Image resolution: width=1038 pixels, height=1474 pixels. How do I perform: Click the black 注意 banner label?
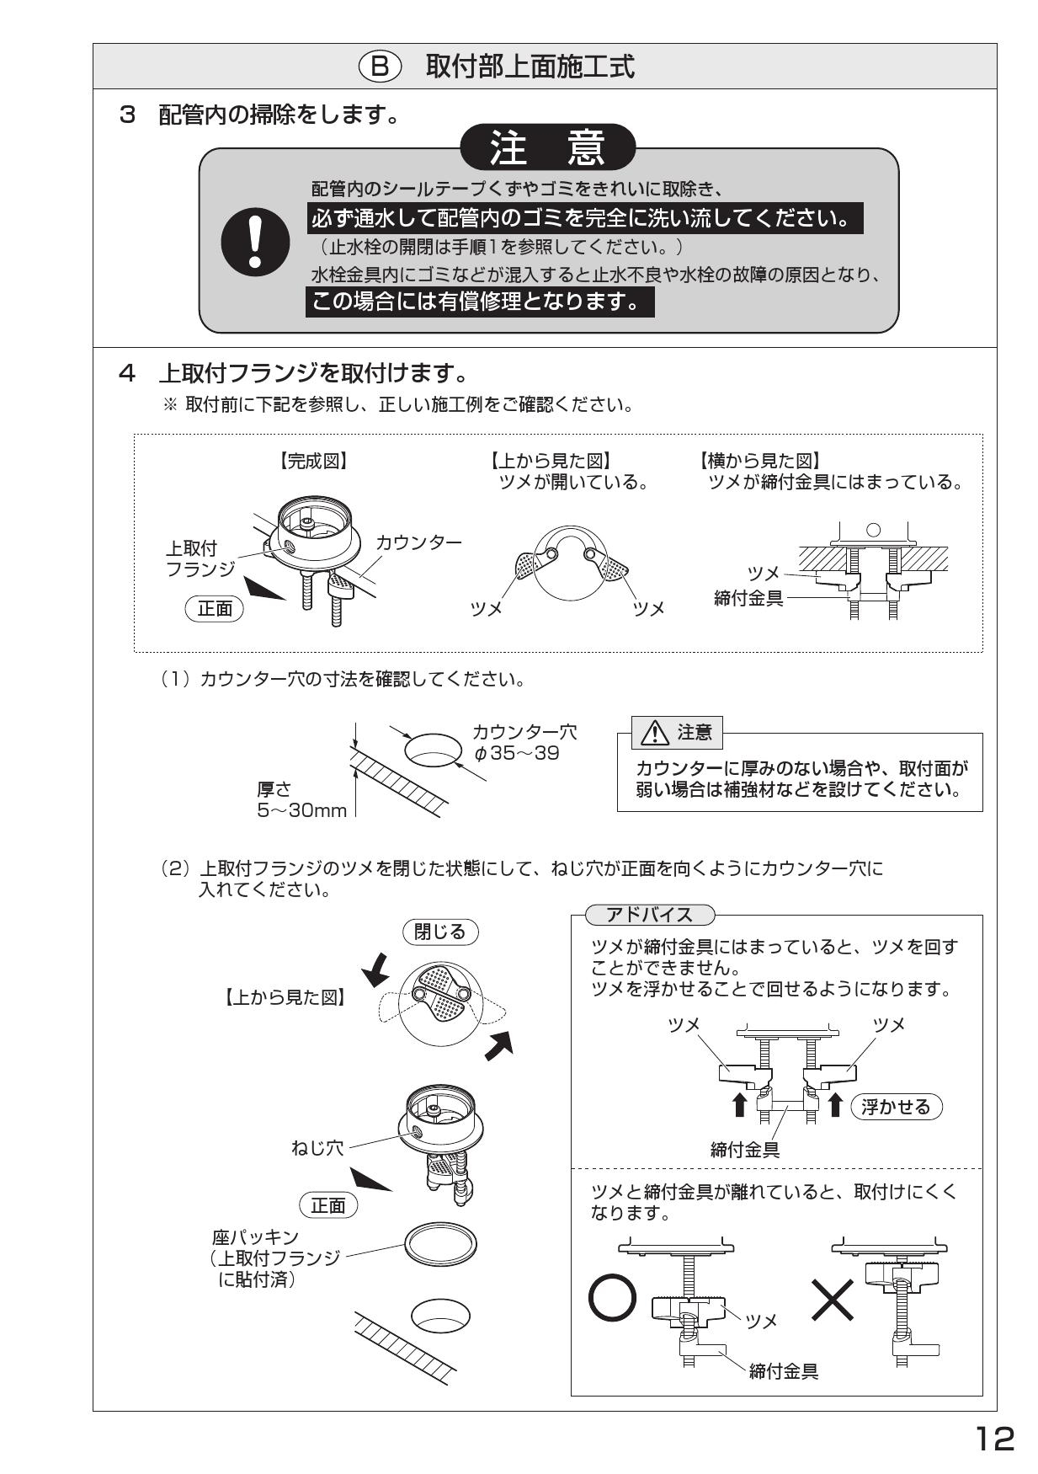click(548, 148)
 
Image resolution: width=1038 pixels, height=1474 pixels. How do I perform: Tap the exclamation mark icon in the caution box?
click(255, 242)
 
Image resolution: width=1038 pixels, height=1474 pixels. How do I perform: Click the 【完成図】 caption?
click(313, 461)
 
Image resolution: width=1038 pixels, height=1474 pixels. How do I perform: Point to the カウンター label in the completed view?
click(418, 542)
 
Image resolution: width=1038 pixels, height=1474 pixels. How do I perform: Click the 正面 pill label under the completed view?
click(214, 608)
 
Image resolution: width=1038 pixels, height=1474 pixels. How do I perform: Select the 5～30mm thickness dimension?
click(301, 810)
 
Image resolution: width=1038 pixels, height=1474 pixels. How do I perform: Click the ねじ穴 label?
click(317, 1147)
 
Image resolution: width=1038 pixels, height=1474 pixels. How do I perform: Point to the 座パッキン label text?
click(255, 1237)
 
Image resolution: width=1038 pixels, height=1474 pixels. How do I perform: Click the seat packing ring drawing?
click(440, 1242)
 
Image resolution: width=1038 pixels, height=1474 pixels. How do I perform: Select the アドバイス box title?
click(649, 915)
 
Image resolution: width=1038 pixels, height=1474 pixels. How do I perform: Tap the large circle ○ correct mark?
click(612, 1300)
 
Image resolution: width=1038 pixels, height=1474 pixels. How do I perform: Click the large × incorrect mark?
click(833, 1300)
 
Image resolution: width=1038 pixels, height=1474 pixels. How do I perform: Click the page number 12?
click(994, 1439)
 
